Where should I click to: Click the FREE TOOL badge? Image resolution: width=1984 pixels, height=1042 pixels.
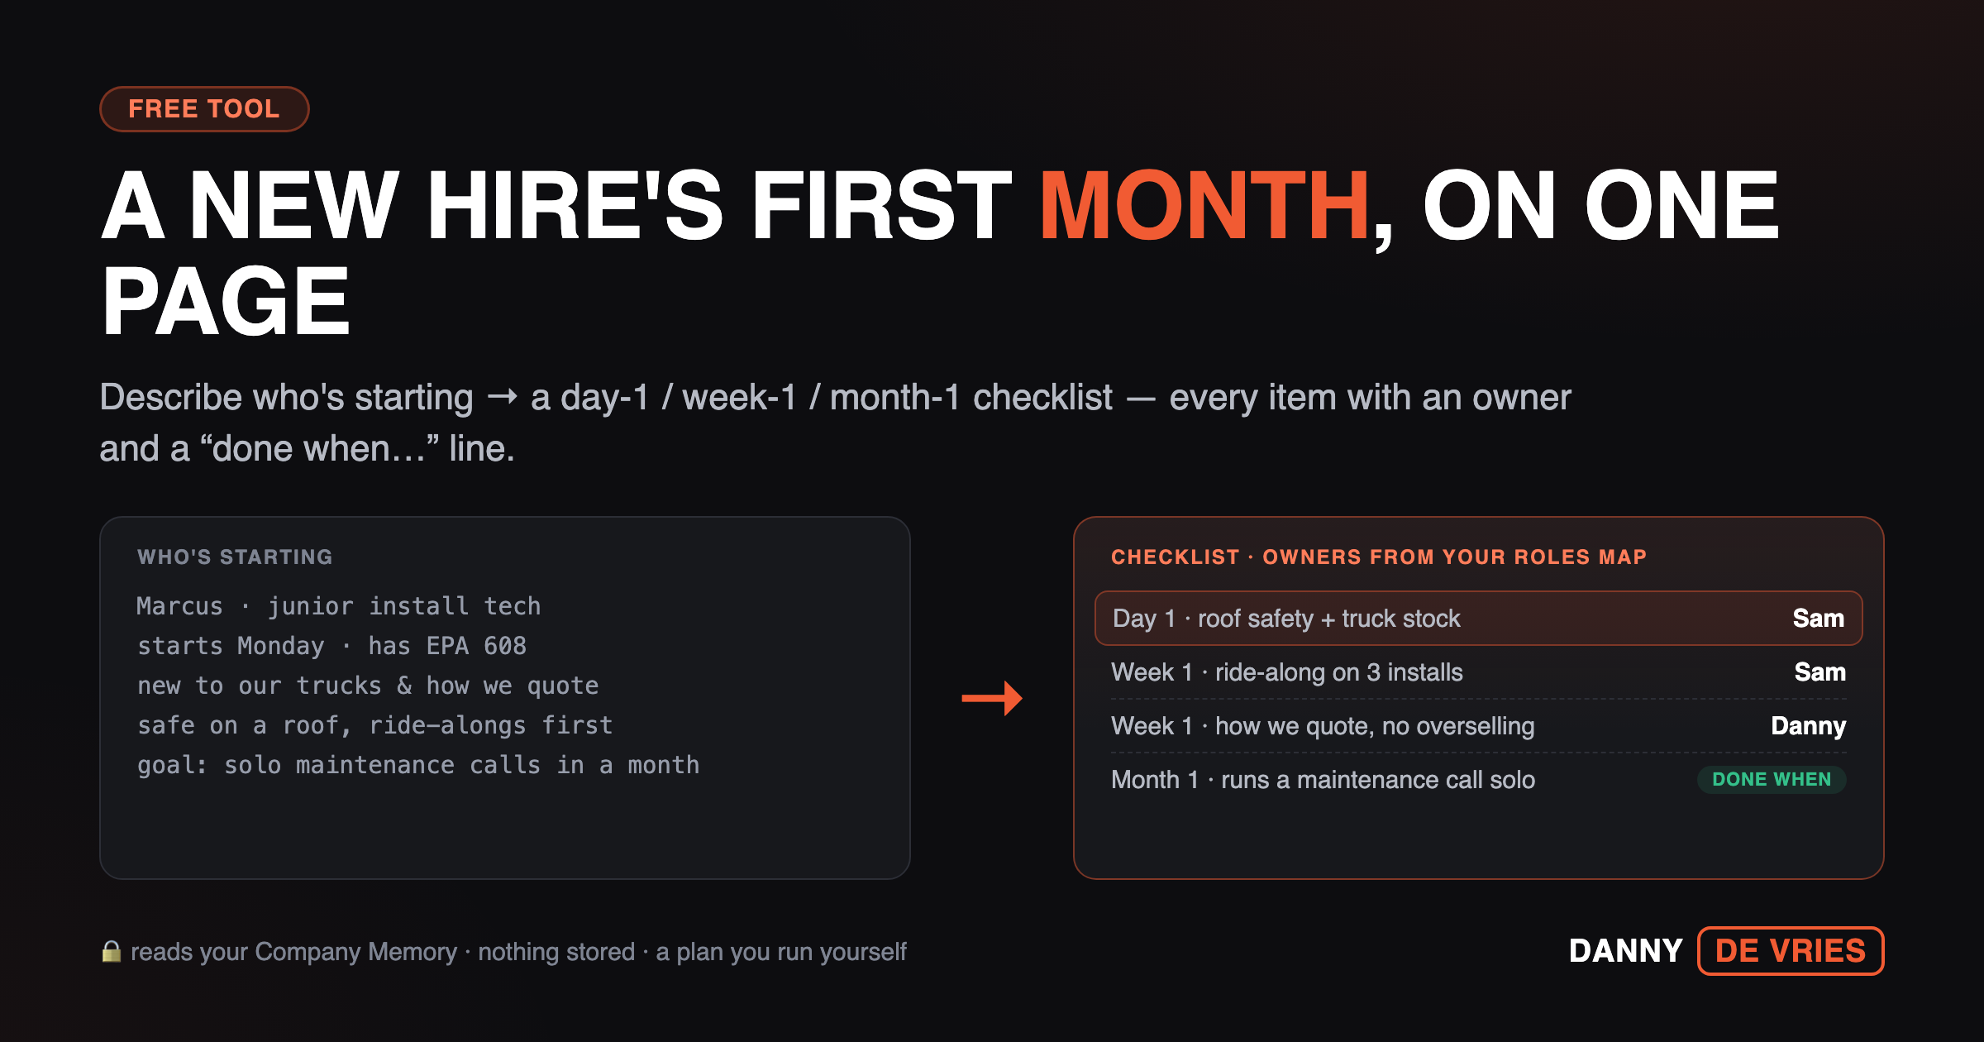coord(204,108)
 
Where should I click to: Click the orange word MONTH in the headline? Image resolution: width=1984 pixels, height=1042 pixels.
coord(1204,206)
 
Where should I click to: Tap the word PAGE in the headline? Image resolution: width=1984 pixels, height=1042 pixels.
coord(226,302)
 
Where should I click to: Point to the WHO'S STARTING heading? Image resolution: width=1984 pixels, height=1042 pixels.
coord(235,557)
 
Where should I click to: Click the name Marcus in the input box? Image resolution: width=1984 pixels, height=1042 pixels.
coord(179,606)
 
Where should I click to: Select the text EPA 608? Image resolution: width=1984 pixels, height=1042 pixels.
coord(476,646)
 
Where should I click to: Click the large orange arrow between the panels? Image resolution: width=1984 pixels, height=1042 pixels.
coord(992,698)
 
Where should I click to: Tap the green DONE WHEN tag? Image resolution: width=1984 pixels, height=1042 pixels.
coord(1772,779)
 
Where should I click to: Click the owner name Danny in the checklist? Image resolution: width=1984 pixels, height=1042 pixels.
coord(1808,725)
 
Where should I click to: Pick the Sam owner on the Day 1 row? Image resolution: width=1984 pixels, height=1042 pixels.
coord(1818,618)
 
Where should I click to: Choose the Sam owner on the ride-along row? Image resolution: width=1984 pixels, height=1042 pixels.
coord(1819,672)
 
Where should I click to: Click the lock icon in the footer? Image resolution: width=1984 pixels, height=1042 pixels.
coord(112,951)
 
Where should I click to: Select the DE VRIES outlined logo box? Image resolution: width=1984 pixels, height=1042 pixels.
coord(1791,951)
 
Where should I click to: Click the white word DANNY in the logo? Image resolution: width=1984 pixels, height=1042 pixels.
coord(1625,951)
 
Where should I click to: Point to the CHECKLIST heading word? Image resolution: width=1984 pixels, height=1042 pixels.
coord(1175,557)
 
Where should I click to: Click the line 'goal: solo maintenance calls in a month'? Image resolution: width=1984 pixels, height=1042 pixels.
coord(418,765)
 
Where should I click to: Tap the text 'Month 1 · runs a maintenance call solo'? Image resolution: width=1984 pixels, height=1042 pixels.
coord(1323,779)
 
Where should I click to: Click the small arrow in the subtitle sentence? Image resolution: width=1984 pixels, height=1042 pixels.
coord(502,398)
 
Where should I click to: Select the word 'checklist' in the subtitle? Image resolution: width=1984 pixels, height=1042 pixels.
coord(1042,398)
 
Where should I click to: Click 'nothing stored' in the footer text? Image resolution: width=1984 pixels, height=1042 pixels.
coord(556,952)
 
